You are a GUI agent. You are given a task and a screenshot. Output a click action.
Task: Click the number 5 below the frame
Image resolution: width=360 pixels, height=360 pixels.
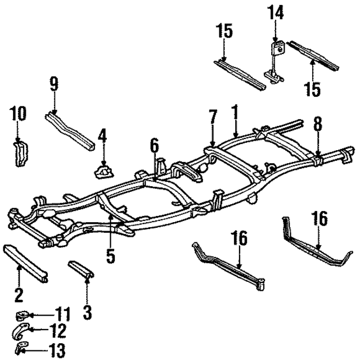[110, 256]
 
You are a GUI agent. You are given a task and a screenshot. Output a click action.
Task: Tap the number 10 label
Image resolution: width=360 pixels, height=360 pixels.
[18, 114]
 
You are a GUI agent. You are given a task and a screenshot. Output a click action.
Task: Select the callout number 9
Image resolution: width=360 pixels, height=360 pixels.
[54, 85]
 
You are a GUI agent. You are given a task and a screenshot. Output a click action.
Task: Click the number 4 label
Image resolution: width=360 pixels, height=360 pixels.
[102, 136]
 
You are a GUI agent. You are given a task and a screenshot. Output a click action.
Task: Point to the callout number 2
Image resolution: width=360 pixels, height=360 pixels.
[19, 294]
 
